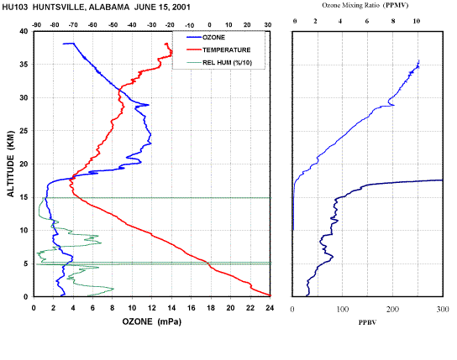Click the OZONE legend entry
click(x=206, y=38)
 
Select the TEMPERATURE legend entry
click(x=218, y=50)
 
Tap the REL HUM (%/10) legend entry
click(x=219, y=63)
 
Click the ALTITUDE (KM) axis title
click(x=11, y=164)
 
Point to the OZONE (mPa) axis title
click(x=151, y=321)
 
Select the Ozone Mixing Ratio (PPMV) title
click(x=365, y=5)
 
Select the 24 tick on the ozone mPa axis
click(x=270, y=308)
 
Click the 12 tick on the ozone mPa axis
click(x=151, y=308)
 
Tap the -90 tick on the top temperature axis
click(x=36, y=25)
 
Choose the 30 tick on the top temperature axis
click(x=268, y=25)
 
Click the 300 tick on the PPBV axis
click(x=443, y=309)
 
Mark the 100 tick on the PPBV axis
click(x=343, y=309)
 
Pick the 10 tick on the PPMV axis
click(x=417, y=21)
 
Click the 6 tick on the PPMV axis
click(x=367, y=21)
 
